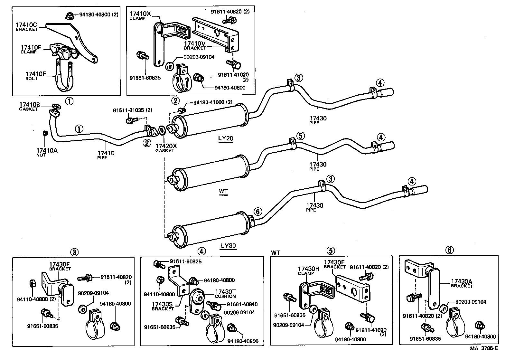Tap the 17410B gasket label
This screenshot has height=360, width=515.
(x=30, y=105)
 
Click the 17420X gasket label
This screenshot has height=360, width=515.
(x=166, y=146)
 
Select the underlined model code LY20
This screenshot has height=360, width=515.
(x=225, y=139)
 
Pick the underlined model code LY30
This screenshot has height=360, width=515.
(x=228, y=246)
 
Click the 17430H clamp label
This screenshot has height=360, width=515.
(x=308, y=269)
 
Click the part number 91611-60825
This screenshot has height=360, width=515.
(x=186, y=261)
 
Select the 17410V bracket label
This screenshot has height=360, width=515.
(x=195, y=43)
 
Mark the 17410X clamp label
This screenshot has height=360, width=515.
(x=140, y=14)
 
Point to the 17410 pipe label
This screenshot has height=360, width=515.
(x=106, y=153)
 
